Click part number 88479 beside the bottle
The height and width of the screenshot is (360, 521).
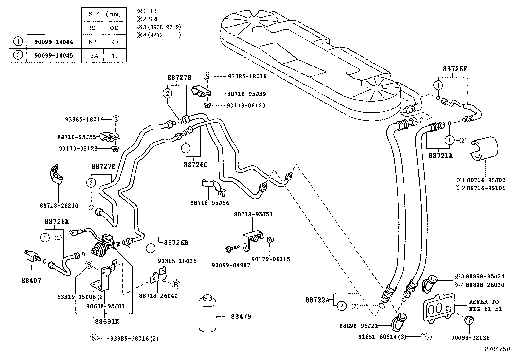click(241, 316)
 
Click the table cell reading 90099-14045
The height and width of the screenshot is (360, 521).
click(54, 55)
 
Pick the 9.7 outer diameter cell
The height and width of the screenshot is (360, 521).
click(115, 42)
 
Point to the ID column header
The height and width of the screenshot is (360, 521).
click(93, 28)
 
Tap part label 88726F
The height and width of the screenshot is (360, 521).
click(455, 69)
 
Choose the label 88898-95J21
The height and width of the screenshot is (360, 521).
click(359, 326)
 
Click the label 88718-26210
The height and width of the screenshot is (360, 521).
click(59, 205)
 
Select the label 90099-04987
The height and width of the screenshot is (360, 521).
click(231, 265)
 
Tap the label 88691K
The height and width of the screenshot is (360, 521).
click(107, 322)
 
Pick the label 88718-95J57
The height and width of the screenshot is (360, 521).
click(253, 214)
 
